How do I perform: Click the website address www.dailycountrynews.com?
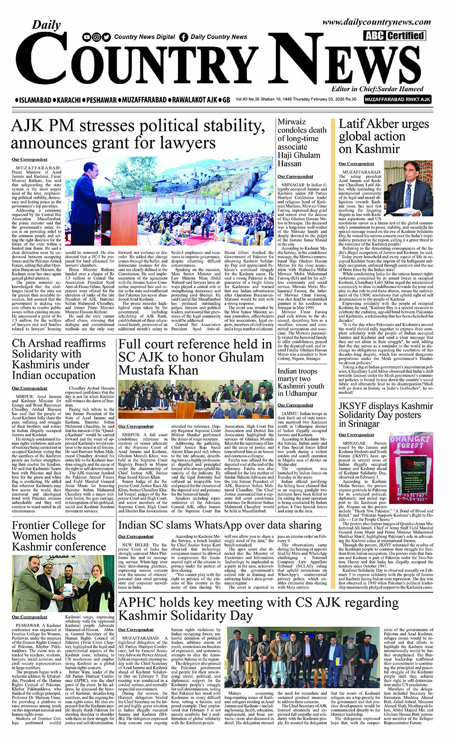click(376, 22)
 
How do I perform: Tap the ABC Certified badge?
click(394, 35)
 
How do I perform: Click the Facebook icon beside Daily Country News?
click(184, 37)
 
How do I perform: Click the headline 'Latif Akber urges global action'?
click(377, 136)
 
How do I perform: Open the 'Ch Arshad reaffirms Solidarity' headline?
click(59, 359)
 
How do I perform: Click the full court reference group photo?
click(196, 399)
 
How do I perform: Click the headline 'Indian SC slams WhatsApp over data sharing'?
click(220, 525)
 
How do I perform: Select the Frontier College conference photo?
click(63, 583)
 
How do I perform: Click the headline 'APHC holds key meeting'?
click(258, 608)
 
